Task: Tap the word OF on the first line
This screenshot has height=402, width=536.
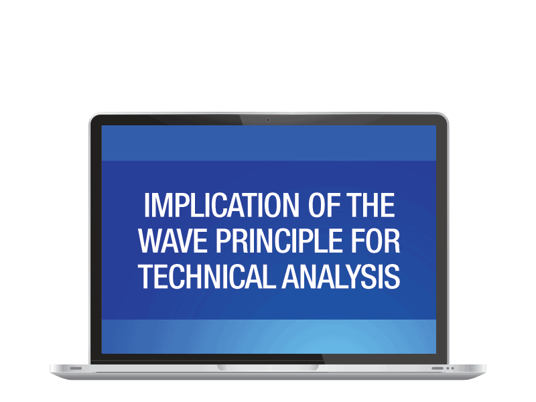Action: [x=313, y=206]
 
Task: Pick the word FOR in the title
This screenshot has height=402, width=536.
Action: [x=377, y=241]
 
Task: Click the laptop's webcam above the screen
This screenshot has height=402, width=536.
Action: [x=268, y=120]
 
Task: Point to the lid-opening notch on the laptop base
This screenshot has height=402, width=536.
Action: [x=268, y=367]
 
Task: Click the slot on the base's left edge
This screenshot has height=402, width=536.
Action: [x=76, y=368]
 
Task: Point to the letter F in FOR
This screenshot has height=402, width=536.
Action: [x=358, y=241]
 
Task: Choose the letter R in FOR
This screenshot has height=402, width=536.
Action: [x=393, y=241]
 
